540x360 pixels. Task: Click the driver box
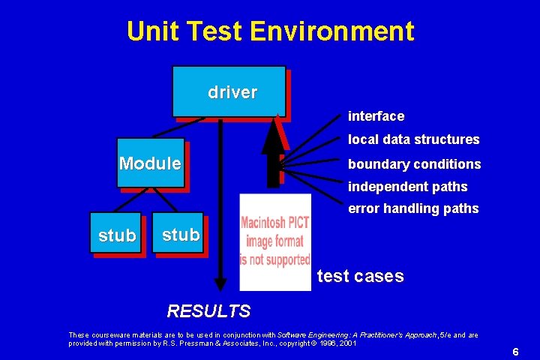pos(229,91)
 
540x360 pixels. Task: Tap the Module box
pos(151,163)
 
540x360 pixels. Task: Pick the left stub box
pos(118,235)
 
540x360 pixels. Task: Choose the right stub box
pos(181,234)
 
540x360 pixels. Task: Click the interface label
pos(376,116)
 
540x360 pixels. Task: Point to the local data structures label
pos(413,139)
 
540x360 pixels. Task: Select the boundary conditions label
pos(414,163)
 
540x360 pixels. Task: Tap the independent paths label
pos(407,187)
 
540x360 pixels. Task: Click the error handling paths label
pos(413,208)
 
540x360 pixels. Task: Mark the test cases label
pos(360,276)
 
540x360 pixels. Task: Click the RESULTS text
pos(208,310)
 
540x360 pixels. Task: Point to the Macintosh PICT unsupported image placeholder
pos(274,241)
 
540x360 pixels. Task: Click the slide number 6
pos(516,352)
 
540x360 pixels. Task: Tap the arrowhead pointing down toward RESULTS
pos(220,283)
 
